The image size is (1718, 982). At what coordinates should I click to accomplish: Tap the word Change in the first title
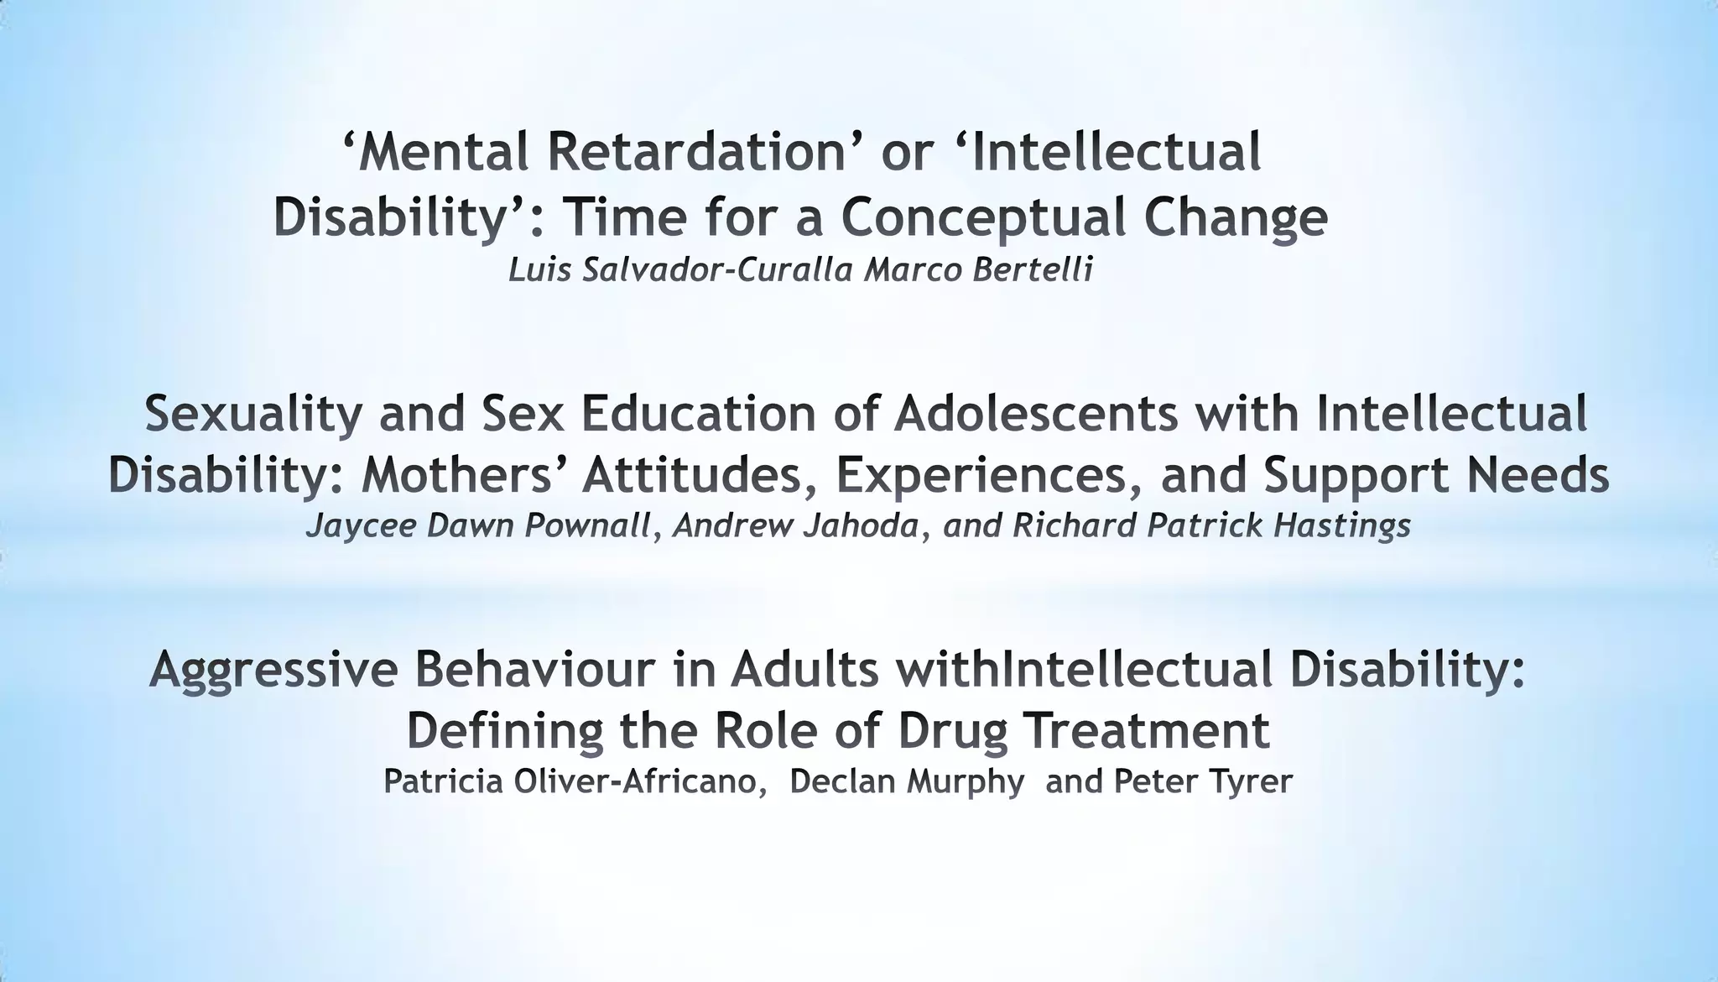1232,217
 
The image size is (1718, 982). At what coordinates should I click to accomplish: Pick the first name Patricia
444,781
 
